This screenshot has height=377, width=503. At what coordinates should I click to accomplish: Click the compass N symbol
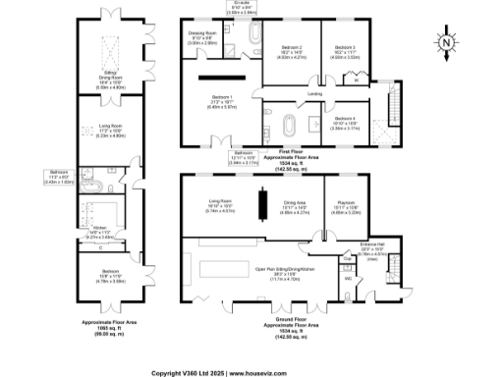coord(444,42)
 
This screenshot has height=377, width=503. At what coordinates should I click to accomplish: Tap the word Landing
coord(314,94)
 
